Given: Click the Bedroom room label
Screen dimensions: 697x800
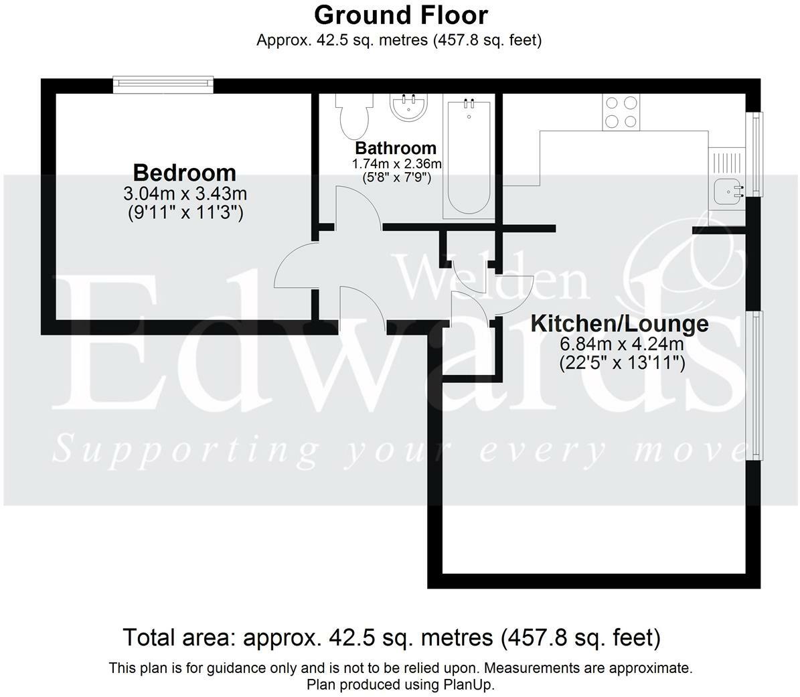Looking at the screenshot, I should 184,173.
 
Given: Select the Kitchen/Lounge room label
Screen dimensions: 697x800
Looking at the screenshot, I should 619,324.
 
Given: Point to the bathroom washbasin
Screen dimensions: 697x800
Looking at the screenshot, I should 409,108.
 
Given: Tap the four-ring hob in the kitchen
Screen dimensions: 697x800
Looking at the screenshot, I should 621,112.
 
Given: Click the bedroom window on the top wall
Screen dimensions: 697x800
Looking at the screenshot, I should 163,84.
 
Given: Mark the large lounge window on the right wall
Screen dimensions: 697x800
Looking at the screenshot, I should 754,385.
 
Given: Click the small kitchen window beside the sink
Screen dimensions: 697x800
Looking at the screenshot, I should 756,154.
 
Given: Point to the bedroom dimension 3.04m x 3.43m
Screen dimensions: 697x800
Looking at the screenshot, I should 185,195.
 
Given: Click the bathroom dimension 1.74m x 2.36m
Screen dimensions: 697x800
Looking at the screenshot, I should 396,164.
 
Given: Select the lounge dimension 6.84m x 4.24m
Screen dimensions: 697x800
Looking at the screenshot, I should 621,345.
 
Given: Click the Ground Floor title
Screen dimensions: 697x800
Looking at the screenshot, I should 400,15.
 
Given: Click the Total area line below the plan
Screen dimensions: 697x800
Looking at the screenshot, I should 392,637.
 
